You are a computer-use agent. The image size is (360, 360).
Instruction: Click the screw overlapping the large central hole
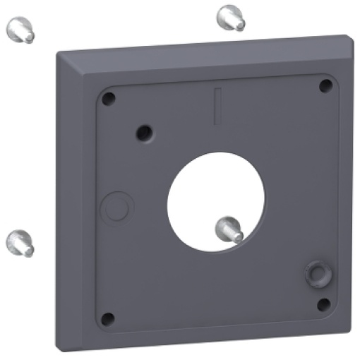coord(229,228)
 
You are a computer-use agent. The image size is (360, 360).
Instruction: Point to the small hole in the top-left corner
coord(107,99)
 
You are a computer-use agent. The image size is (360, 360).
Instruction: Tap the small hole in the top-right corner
coord(325,86)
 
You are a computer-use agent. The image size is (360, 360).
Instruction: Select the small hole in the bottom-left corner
coord(107,319)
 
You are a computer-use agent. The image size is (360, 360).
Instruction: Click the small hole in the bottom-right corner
coord(324,304)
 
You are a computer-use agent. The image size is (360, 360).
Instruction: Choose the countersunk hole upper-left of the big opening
coord(145,131)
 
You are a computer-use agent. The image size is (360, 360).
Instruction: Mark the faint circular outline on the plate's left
coord(117,207)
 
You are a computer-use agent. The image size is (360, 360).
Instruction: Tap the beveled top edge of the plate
coord(205,58)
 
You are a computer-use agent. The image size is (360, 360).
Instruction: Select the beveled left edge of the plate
coord(71,205)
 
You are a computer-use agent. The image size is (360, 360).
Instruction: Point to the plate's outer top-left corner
coord(56,51)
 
